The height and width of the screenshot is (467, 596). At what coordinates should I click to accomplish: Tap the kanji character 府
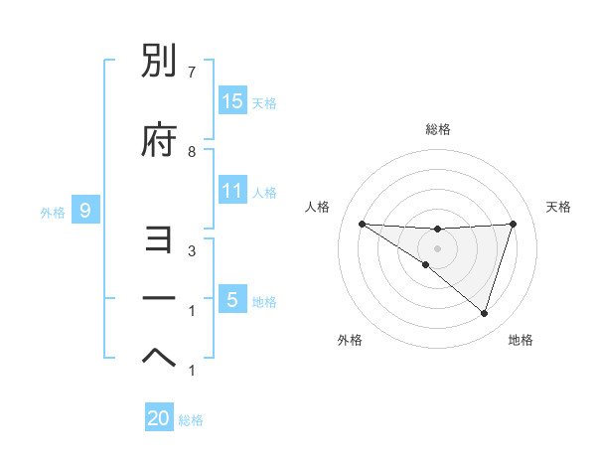pos(159,141)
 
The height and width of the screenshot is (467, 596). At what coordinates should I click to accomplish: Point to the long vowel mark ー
pos(159,298)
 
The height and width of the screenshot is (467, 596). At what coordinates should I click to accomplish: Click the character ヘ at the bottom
pos(159,358)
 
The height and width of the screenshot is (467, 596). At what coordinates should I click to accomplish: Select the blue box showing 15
pos(232,101)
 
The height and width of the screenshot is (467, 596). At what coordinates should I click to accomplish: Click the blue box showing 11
pos(232,191)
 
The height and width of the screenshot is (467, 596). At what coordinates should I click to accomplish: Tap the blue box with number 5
pos(232,300)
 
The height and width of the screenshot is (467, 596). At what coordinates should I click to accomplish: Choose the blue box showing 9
pos(86,211)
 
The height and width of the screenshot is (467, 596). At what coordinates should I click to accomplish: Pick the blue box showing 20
pos(159,419)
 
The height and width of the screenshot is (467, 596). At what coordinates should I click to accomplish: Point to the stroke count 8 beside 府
pos(192,151)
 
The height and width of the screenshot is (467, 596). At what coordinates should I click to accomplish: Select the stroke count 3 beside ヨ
pos(192,250)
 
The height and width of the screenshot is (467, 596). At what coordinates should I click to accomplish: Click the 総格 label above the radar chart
pos(437,129)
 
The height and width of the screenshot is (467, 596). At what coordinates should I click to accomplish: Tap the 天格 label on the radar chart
pos(558,207)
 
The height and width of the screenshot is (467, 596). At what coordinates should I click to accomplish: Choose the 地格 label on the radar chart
pos(521,340)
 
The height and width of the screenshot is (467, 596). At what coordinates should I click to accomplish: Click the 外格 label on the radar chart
pos(349,340)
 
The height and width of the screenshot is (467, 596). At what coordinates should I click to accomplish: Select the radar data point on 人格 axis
pos(362,224)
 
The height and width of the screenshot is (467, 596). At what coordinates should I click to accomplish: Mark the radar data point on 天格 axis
pos(513,224)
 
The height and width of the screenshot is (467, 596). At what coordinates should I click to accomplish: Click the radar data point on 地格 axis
pos(484,313)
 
